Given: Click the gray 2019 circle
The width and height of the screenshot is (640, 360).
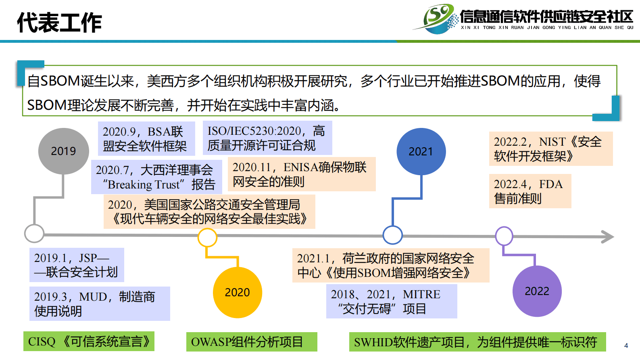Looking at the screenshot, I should click(x=63, y=151).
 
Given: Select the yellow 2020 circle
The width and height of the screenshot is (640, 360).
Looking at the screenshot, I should click(x=237, y=292).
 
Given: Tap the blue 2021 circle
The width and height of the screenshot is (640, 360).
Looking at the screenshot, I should click(x=421, y=152).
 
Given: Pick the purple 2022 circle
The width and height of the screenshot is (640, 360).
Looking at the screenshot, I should click(x=537, y=291).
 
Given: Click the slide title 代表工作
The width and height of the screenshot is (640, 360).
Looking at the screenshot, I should click(x=59, y=23).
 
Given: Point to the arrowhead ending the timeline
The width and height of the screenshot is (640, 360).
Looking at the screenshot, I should click(x=608, y=237).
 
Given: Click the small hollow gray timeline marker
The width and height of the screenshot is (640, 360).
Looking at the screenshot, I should click(x=34, y=233).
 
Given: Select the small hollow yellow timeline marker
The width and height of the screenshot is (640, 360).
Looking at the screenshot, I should click(x=207, y=237).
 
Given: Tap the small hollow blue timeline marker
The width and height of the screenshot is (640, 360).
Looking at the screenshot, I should click(x=392, y=235).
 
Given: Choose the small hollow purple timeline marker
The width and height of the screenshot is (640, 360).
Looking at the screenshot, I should click(x=504, y=236).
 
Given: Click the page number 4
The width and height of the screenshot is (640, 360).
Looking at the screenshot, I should click(x=626, y=345).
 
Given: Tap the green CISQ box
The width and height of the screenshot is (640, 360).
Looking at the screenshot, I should click(x=89, y=341).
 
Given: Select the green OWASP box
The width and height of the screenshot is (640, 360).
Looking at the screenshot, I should click(x=252, y=342).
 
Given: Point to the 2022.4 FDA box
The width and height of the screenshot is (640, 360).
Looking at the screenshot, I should click(x=530, y=191).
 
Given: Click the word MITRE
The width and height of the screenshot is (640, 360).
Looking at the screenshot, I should click(x=421, y=294).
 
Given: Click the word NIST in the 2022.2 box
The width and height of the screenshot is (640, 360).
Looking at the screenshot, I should click(x=552, y=142).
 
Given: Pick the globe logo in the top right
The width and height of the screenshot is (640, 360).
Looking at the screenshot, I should click(x=439, y=19).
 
